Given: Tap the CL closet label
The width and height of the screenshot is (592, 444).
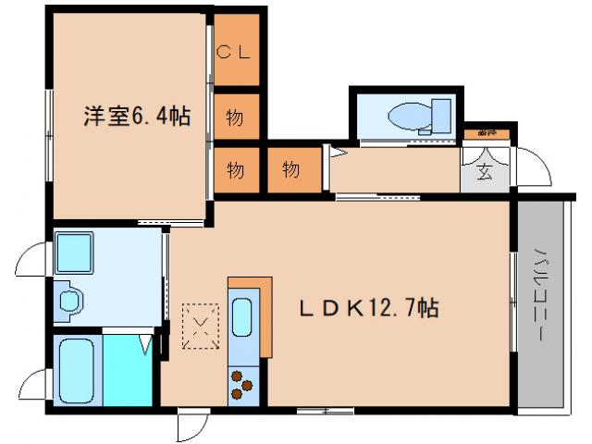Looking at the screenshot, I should coord(235,53).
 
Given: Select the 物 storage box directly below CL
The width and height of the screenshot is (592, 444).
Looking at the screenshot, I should coord(235,118).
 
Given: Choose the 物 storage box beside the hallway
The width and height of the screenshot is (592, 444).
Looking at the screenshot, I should coord(290,170).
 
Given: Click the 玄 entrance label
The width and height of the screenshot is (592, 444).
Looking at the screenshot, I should coord(485,171).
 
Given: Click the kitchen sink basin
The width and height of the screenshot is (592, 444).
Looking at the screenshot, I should coord(240,316).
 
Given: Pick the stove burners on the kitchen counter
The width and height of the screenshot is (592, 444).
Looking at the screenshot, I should coord(241,384).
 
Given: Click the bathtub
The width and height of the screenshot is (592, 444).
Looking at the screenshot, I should coord(78,369).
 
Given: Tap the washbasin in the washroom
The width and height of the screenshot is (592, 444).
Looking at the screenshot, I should coord(68,301).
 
